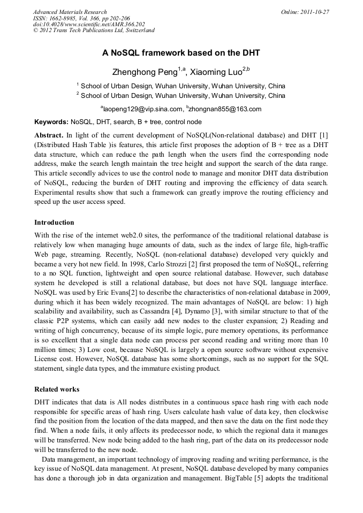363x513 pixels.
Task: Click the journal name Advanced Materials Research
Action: tap(70, 12)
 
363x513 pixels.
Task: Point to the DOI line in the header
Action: tap(89, 24)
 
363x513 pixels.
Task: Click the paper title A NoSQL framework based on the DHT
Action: tap(181, 53)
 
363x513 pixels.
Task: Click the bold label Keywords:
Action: tap(51, 122)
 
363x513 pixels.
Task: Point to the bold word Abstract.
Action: tap(49, 135)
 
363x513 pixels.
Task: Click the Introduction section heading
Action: tap(54, 223)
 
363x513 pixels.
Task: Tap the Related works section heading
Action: tap(57, 389)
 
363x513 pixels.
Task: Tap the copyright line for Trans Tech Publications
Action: tap(94, 30)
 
